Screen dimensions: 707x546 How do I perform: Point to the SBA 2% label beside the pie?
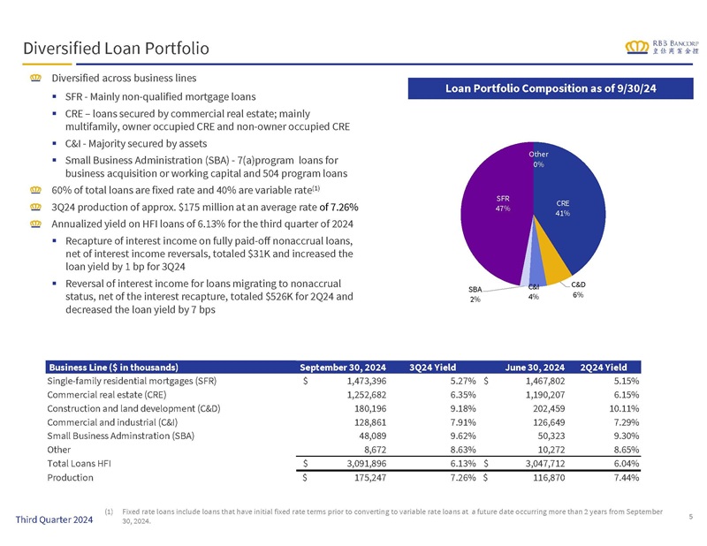click(475, 294)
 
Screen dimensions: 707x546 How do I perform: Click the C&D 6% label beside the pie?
click(578, 290)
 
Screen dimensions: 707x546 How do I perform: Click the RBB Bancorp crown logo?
click(636, 47)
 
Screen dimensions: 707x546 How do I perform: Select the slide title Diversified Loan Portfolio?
click(116, 49)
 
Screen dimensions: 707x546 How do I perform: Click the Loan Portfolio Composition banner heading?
click(551, 88)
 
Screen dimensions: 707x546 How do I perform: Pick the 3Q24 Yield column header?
click(432, 368)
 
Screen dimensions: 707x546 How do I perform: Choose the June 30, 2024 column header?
click(535, 368)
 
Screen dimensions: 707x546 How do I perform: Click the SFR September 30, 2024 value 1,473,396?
click(367, 381)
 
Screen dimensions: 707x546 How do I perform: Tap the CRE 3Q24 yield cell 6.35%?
click(463, 395)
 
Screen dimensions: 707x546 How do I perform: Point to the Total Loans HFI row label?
click(79, 464)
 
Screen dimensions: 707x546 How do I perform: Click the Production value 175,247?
click(370, 477)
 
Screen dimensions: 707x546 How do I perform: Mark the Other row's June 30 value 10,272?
click(551, 450)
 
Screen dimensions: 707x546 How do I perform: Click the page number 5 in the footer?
click(691, 517)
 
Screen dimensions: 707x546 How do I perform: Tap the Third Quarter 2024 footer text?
click(54, 519)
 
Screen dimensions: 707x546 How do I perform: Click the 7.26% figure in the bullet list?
click(345, 208)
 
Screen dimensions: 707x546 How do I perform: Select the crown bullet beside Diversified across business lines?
click(35, 78)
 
